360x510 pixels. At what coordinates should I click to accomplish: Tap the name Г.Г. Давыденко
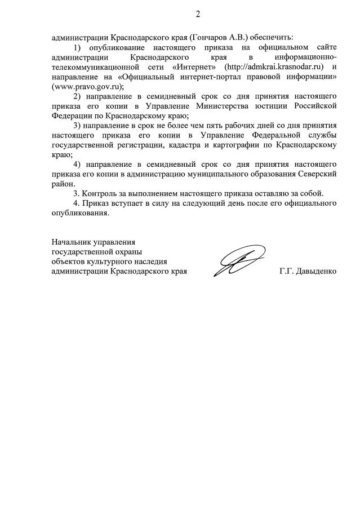coord(308,271)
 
